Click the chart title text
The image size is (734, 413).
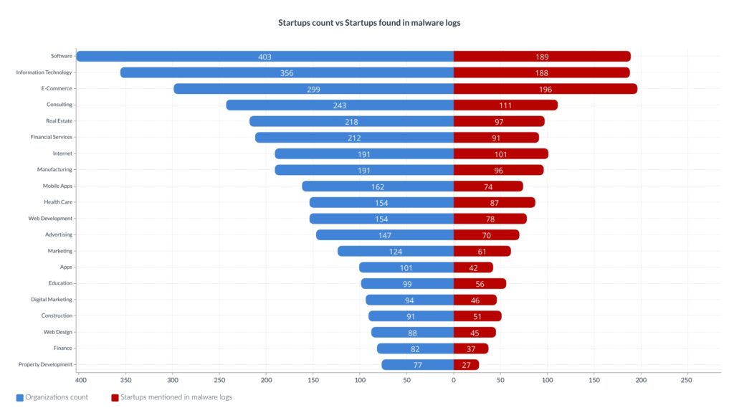[x=369, y=23]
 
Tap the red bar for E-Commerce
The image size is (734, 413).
[x=545, y=89]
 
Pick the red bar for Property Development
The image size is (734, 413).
[x=466, y=364]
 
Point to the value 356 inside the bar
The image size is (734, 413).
[x=287, y=73]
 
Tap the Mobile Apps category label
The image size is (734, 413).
[x=57, y=186]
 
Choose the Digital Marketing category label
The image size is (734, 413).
[x=52, y=300]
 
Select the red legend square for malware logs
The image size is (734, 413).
[x=115, y=397]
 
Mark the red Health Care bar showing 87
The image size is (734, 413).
[x=495, y=202]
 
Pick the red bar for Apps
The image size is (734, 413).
[x=473, y=267]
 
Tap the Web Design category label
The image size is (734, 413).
[x=58, y=332]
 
